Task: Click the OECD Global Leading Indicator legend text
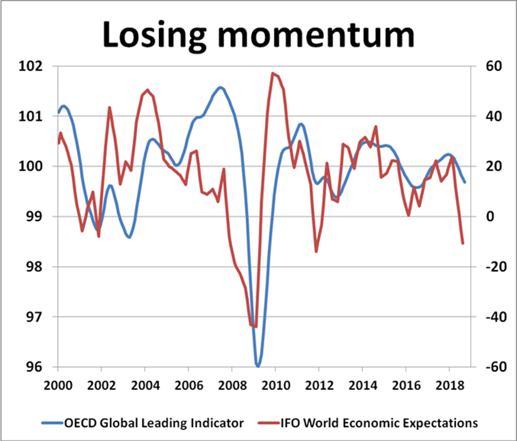pos(154,423)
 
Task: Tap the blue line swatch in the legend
pos(51,423)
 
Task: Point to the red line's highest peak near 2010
pos(273,74)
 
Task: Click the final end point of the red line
pos(463,244)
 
